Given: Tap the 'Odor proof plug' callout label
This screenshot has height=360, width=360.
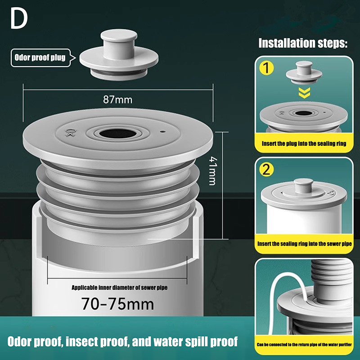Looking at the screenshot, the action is click(x=40, y=58).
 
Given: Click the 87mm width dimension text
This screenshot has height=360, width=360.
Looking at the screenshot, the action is click(x=118, y=99).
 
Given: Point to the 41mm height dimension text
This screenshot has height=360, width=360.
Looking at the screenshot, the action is click(x=212, y=171).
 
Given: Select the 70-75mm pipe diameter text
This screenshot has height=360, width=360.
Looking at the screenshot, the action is click(x=117, y=304).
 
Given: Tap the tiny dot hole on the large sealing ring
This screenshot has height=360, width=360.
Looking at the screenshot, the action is click(x=162, y=132).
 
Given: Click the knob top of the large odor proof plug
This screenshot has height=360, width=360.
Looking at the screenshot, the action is click(x=119, y=36).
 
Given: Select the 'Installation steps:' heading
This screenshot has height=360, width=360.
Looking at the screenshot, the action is click(x=303, y=43).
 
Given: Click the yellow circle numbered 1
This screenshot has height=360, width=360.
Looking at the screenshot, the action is click(x=266, y=68).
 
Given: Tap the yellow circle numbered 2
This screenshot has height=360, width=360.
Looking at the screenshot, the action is click(x=266, y=170).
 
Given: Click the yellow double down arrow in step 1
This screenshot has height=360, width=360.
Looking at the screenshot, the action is click(x=305, y=93).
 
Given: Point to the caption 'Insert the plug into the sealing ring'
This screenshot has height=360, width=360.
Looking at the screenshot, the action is click(x=304, y=144).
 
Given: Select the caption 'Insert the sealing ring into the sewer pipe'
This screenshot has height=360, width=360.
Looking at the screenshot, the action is click(x=305, y=244).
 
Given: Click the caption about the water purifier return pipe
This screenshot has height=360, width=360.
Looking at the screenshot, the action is click(x=304, y=345).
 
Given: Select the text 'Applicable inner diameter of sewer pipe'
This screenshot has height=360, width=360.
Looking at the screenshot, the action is click(x=119, y=288).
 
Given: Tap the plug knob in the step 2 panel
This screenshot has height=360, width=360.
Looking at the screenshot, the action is click(x=303, y=185).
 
